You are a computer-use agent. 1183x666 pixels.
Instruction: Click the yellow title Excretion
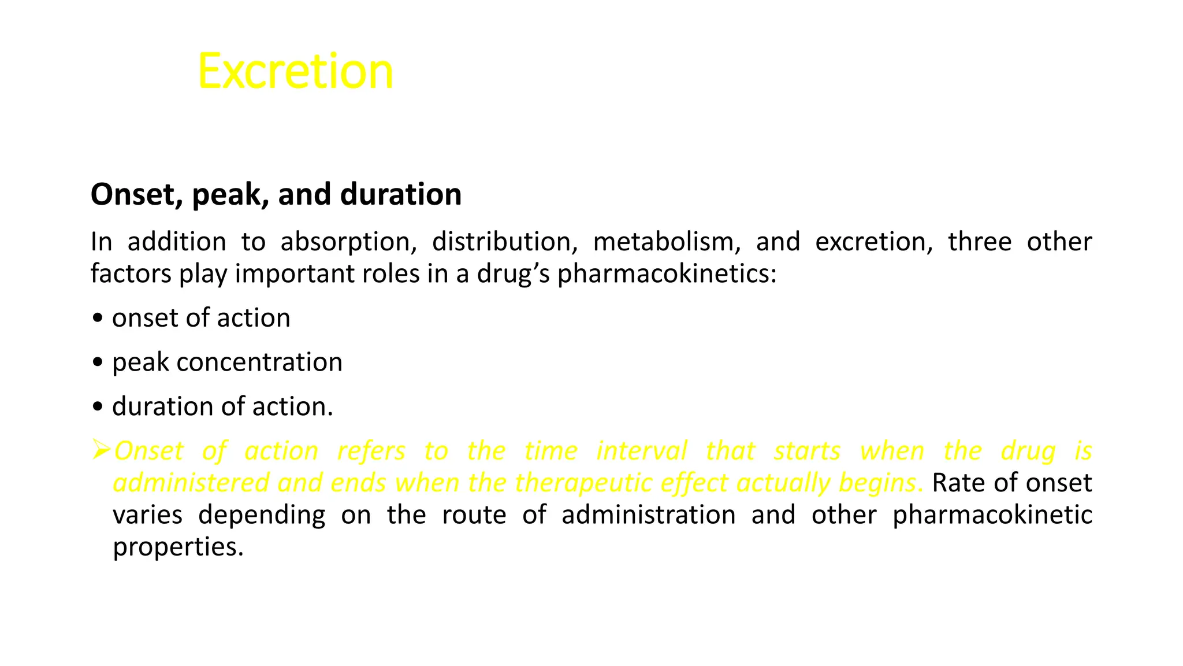tap(295, 71)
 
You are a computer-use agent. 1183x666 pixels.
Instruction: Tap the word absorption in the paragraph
tap(348, 242)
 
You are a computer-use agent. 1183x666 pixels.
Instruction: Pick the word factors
tap(131, 273)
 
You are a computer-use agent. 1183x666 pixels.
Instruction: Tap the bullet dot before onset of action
tap(98, 319)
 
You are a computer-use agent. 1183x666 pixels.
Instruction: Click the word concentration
tap(259, 362)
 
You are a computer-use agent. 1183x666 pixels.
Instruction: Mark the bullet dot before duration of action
tap(98, 407)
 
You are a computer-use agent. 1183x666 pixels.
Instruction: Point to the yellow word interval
tap(642, 451)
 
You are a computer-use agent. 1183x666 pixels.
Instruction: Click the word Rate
tap(956, 483)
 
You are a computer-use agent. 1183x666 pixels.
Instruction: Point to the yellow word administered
tap(191, 483)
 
